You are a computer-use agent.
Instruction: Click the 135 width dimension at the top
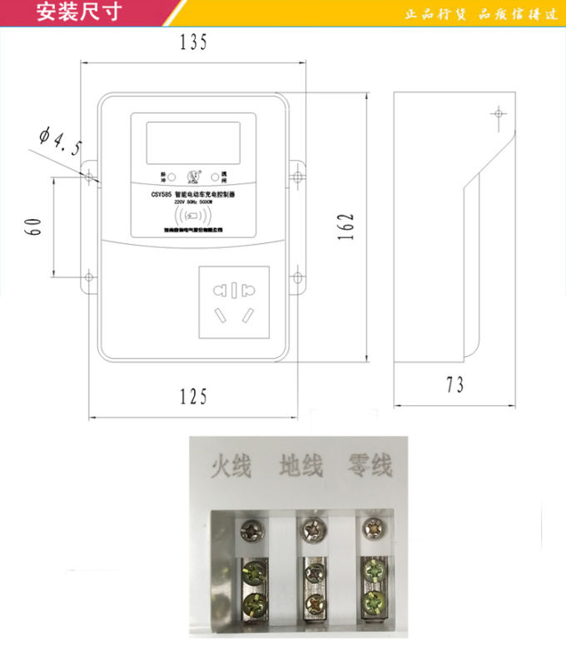click(x=193, y=43)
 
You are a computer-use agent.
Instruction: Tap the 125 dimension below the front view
click(x=193, y=397)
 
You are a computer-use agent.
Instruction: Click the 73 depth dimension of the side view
click(x=454, y=385)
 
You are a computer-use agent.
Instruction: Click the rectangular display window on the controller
click(x=193, y=142)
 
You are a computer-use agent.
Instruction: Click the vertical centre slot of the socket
click(x=234, y=291)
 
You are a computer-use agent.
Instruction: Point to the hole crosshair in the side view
click(x=499, y=113)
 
